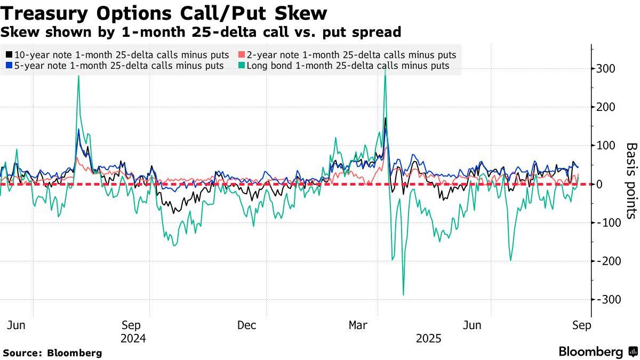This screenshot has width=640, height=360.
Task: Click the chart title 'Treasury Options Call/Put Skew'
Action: tap(164, 13)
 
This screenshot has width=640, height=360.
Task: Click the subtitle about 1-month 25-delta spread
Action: tap(201, 32)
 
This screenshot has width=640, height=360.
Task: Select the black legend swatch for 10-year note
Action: tap(10, 55)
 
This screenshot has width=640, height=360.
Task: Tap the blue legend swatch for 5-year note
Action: tap(10, 66)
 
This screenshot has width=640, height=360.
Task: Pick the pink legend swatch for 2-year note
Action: tap(242, 55)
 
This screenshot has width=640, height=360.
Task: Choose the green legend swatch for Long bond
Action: tap(242, 66)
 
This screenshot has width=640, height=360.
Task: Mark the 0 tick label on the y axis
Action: tap(600, 184)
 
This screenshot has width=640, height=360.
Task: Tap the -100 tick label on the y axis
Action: tap(609, 222)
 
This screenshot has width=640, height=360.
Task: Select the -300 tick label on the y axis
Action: tap(609, 299)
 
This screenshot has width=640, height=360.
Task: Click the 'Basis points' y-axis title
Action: tap(631, 180)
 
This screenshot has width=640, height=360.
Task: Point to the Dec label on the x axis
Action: tap(246, 325)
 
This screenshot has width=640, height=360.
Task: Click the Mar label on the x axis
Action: tap(358, 325)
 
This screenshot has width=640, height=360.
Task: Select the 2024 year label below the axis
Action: tap(133, 339)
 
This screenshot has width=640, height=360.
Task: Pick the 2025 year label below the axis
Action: tap(429, 339)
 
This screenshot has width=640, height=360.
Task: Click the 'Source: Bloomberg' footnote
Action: tap(52, 353)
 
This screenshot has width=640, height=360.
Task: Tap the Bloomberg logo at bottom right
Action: tap(598, 351)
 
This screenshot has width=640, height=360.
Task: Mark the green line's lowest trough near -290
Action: tap(403, 294)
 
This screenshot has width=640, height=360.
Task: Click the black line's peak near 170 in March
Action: tap(385, 118)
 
